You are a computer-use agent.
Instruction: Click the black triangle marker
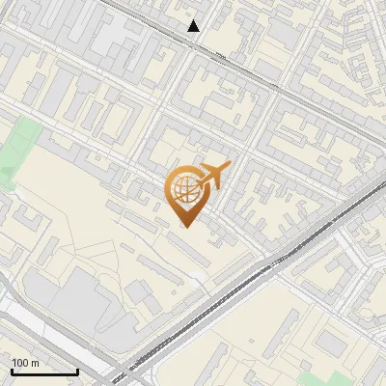click(194, 26)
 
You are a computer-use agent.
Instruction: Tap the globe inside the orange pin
click(184, 191)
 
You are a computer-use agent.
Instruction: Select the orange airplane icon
click(212, 176)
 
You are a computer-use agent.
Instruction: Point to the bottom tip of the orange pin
click(184, 227)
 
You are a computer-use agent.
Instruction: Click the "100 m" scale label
click(26, 363)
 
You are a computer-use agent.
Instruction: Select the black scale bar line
click(44, 372)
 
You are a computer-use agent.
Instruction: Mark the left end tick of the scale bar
click(12, 370)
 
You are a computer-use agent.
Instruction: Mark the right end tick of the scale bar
click(77, 370)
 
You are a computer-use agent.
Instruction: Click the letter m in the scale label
click(35, 363)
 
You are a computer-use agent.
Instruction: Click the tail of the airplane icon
click(200, 182)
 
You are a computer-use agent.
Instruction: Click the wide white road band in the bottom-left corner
click(19, 323)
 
